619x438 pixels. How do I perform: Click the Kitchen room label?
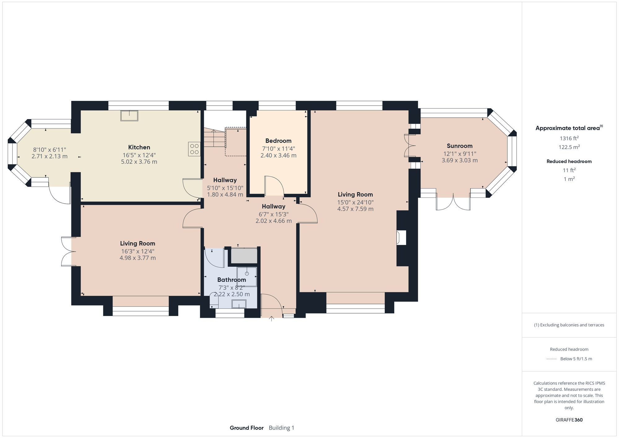coord(139,147)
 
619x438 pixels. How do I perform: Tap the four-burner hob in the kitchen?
coord(194,149)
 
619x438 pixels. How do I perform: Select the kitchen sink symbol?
coord(129,115)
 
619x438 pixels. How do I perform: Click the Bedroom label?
coord(278,141)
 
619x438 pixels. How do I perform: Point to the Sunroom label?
coord(459,146)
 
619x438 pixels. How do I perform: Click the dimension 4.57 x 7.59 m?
coord(355,209)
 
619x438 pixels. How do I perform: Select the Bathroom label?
coord(232,280)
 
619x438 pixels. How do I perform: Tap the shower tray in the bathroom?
coord(247,276)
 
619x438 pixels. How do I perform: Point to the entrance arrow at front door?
coord(271,319)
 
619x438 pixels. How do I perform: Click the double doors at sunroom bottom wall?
coord(453,203)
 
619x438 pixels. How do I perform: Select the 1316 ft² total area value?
coord(569,138)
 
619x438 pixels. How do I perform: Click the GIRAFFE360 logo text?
coord(569,420)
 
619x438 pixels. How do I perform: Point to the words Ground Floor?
coord(246,428)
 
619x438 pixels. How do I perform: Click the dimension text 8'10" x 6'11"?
coord(50,150)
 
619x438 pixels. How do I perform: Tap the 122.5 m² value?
coord(569,147)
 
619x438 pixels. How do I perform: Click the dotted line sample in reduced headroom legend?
coord(552,359)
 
